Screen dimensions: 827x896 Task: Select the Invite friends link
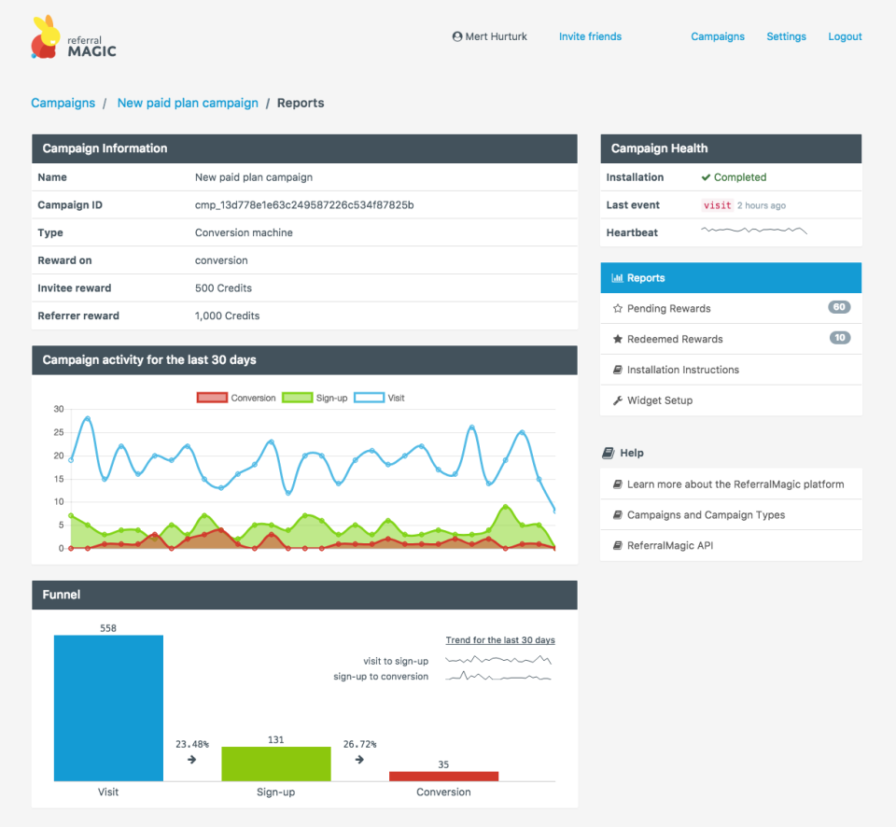590,36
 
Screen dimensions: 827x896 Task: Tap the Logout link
845,36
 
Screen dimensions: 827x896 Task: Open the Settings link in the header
786,36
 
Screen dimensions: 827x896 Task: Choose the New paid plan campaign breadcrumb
188,103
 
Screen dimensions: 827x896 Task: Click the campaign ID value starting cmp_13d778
303,204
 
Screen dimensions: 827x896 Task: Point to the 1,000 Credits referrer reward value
227,315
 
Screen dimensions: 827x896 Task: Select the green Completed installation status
739,177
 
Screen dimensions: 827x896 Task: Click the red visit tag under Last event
717,205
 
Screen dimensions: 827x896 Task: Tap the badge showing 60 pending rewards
839,307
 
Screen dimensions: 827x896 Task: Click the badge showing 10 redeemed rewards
839,338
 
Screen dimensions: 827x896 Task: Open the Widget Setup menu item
659,400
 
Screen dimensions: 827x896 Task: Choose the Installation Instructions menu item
682,370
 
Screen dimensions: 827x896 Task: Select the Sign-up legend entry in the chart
316,398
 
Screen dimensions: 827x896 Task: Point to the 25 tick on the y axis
58,432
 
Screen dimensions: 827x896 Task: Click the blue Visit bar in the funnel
108,708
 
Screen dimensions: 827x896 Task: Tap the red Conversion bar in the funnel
443,776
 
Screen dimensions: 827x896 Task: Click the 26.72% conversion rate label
359,744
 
